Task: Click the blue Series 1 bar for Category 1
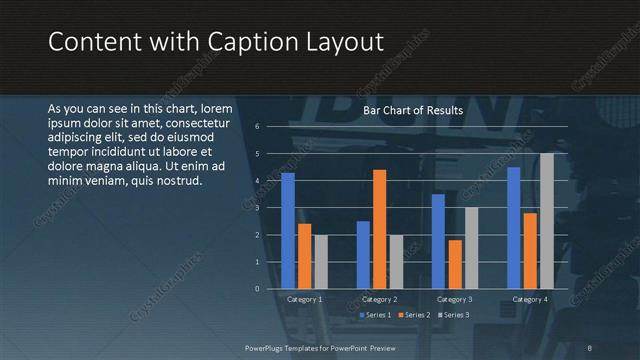288,231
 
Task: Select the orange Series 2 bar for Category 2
379,229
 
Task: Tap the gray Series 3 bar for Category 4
546,221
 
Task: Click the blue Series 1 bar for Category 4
514,228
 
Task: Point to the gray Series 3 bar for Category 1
320,262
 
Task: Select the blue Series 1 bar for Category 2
363,255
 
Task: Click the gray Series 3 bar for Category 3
471,248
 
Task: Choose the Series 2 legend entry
414,315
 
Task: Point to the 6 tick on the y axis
257,127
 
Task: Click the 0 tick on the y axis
257,289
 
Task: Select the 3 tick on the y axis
257,208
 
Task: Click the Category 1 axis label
304,299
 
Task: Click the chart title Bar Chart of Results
412,110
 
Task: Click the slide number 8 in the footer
589,347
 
